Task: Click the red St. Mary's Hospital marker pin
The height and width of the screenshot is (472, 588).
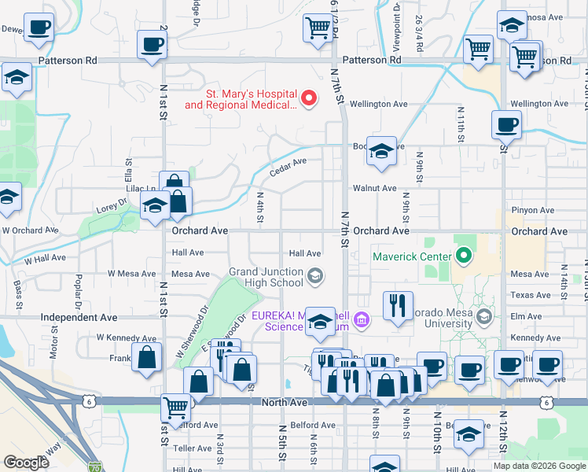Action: coord(309,98)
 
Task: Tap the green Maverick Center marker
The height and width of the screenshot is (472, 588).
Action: coord(463,256)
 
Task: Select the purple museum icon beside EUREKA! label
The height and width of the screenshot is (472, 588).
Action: coord(362,319)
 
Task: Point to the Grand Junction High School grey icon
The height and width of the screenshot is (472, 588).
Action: coord(315,275)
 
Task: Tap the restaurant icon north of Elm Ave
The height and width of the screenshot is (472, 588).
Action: coord(398,304)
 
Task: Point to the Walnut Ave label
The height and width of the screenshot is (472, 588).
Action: coord(374,189)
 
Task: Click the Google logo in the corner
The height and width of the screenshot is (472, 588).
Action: coord(27,462)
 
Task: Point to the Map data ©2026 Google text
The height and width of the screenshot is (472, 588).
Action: coord(538,466)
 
